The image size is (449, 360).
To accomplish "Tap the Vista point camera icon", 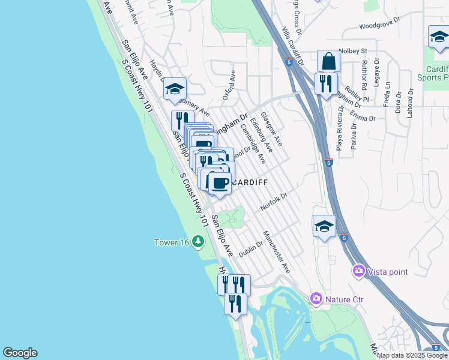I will click(360, 271).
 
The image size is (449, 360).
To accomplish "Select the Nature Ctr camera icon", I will click(316, 298).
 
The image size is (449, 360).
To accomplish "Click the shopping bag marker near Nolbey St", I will click(328, 62).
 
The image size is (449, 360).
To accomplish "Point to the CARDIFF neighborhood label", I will click(249, 182).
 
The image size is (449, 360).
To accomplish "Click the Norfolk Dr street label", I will click(275, 202).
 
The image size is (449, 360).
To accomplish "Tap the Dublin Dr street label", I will click(252, 248).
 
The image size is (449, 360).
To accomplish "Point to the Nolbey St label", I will click(353, 52).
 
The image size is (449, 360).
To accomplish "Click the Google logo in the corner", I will click(20, 353).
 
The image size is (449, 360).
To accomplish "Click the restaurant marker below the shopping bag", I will click(326, 83).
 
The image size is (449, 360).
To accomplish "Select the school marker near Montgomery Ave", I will click(175, 89).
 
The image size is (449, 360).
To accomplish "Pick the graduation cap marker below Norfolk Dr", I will click(324, 226).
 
